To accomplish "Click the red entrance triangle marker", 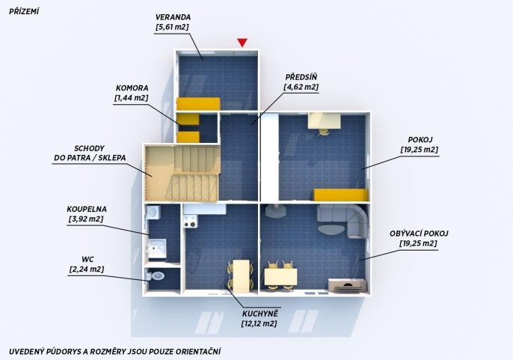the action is coord(242,43).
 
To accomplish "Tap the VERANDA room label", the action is coord(173,17).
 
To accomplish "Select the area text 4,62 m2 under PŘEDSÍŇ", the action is coord(301,87).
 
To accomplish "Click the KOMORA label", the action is coord(132,88).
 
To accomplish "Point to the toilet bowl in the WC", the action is coord(156,276).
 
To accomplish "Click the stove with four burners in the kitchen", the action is coord(190,221).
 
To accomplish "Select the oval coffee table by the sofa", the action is coord(331,229).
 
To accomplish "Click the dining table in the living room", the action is coord(280,277).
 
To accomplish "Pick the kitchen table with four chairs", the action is coord(241,275).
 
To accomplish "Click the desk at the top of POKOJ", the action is coord(325,120).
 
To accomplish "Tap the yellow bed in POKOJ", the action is coord(341,195).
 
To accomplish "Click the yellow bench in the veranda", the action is coord(198,103).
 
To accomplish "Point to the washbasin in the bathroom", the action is coord(153,213).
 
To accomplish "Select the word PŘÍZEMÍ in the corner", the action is coord(24,11).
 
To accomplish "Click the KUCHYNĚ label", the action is coord(260,314).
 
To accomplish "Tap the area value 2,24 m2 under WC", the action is coord(87,269).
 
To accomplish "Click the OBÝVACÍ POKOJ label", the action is coord(419,234).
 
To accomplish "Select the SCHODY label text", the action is coord(89,148).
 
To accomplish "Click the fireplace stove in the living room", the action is coord(275,210).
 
